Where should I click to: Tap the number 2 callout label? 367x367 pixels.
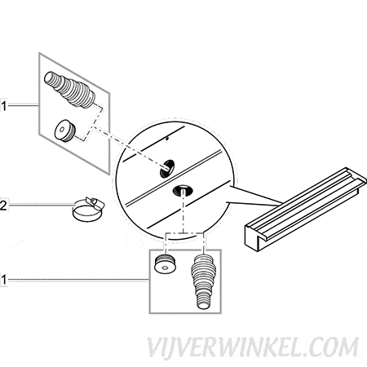3,206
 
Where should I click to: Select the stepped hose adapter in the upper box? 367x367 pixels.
70,88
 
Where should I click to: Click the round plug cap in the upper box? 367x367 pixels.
65,130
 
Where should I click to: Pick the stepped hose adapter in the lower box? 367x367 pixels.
203,281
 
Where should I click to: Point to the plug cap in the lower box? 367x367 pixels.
166,263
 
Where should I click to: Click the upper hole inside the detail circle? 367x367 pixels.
167,169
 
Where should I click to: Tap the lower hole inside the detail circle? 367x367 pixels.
183,190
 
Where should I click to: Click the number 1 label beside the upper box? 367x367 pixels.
3,106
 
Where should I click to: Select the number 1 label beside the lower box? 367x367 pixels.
3,280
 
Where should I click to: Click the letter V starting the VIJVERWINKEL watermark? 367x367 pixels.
155,349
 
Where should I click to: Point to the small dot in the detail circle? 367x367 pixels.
167,139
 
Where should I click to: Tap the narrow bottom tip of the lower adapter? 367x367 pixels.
203,303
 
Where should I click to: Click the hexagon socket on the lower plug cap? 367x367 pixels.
164,268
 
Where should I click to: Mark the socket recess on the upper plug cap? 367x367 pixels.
61,130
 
